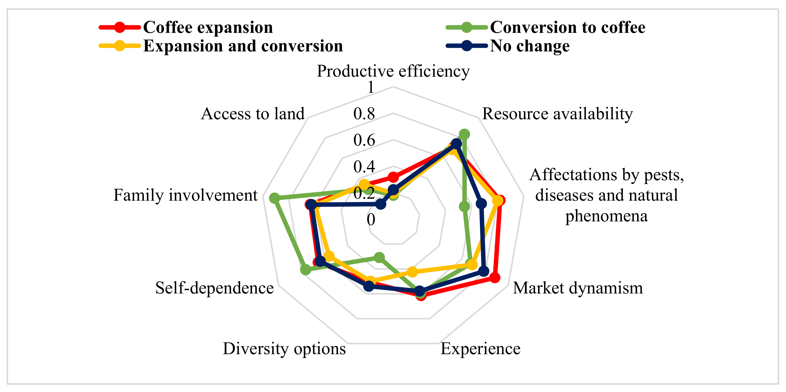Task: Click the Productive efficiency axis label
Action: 393,71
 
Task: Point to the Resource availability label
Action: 557,114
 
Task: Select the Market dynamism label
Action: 578,288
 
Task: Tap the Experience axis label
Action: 480,349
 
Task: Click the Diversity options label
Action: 284,349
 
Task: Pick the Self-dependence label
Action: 215,288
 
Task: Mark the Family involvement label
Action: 186,195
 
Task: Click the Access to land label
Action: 253,114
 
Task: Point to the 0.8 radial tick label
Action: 364,114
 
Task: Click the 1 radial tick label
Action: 371,88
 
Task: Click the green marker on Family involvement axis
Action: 274,198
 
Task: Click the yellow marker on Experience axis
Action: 413,272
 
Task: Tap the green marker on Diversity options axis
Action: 379,258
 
